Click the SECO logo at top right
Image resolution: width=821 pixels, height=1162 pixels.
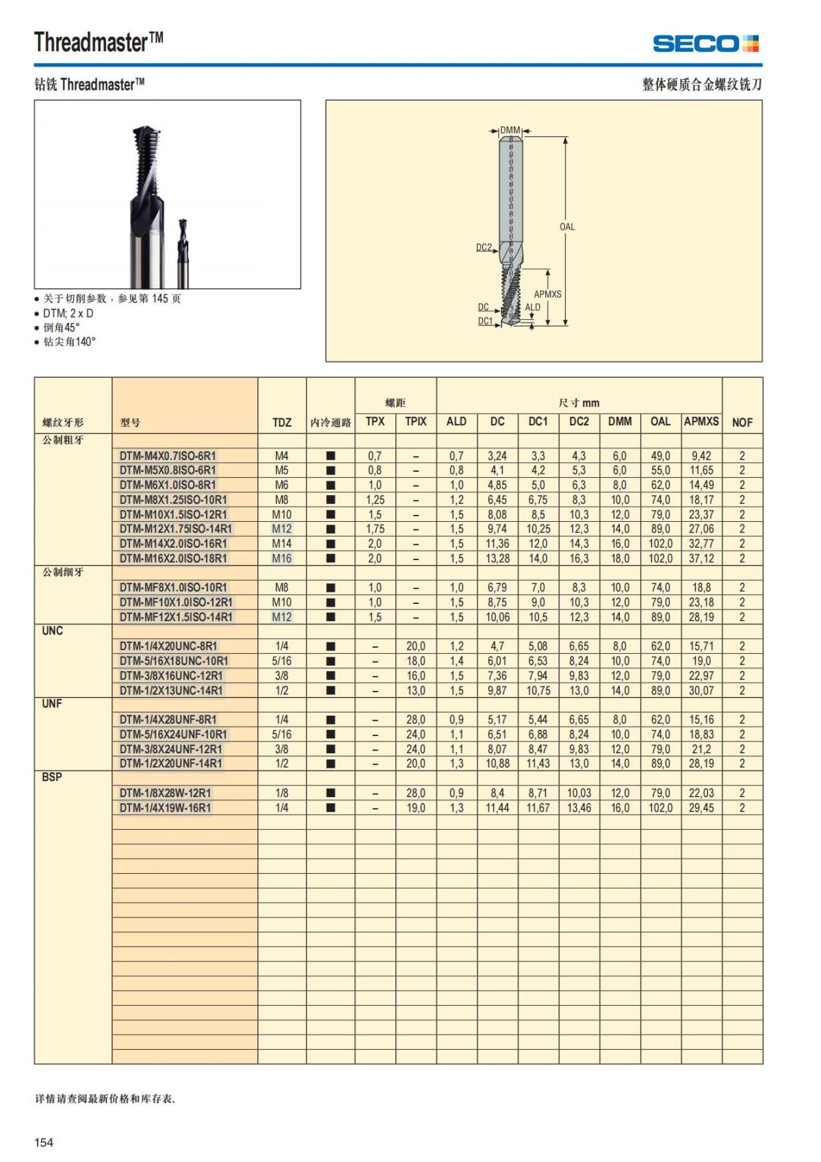tap(705, 44)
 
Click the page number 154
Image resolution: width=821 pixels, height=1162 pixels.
tap(44, 1142)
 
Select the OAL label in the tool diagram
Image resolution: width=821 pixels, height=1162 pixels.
tap(567, 227)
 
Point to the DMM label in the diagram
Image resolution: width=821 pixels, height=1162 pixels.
tap(510, 130)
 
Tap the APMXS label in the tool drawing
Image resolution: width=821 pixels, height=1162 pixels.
tap(547, 294)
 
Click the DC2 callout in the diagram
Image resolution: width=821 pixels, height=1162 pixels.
tap(484, 247)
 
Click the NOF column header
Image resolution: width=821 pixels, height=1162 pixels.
tap(742, 422)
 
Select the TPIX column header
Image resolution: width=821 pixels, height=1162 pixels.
tap(415, 422)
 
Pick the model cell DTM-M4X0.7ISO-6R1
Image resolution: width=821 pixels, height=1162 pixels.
tap(168, 455)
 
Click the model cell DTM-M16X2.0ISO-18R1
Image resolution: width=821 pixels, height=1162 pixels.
tap(173, 558)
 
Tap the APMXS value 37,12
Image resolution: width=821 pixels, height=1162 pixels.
tap(701, 558)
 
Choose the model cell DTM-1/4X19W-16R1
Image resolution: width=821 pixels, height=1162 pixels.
tap(165, 808)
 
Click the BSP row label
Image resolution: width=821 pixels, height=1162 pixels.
tap(52, 777)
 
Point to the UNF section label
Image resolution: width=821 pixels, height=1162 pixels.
tap(52, 704)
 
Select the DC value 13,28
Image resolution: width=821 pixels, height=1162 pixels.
tap(497, 558)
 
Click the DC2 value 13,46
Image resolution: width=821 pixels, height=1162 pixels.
tap(579, 808)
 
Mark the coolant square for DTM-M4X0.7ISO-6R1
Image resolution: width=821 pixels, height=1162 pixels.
tap(330, 455)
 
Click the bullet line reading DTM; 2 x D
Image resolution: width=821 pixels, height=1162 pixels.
tap(68, 313)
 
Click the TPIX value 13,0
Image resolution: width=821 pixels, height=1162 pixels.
tap(415, 690)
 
